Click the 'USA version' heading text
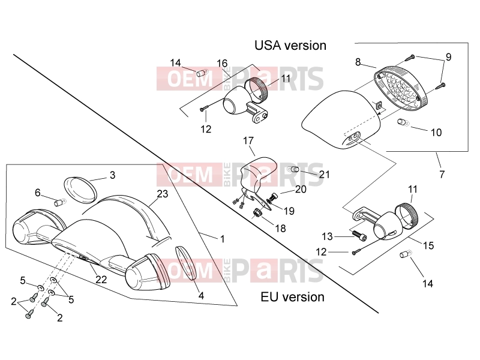coord(290,46)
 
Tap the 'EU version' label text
coord(292,297)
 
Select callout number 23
coord(163,194)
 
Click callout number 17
coord(248,140)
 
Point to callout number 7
coord(442,175)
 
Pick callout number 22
coord(101,279)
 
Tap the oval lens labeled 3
coord(80,190)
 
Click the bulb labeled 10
coord(403,122)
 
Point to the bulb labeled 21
coord(293,169)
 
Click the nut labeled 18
coord(258,212)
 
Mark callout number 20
coord(301,189)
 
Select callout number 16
coord(222,64)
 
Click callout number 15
coord(428,245)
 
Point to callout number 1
coord(223,239)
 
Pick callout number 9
coord(448,57)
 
